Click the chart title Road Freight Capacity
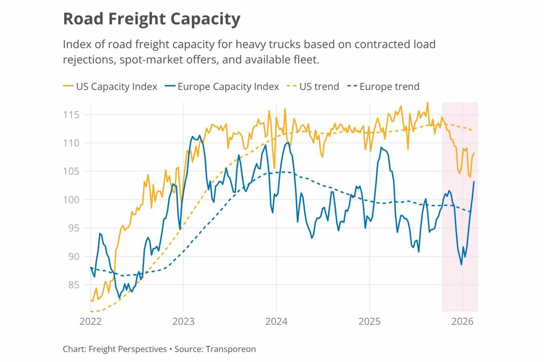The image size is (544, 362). [151, 19]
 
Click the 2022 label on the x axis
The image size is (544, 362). [90, 321]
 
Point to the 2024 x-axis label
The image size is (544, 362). [276, 321]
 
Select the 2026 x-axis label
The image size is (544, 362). [462, 321]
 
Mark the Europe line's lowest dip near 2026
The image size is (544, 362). [462, 264]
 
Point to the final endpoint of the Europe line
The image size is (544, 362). [474, 181]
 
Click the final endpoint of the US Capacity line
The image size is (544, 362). [474, 153]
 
